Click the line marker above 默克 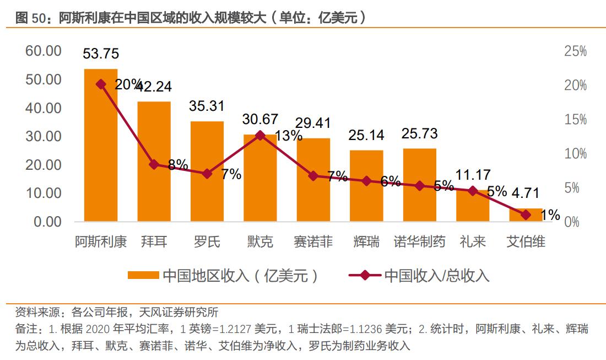point(260,135)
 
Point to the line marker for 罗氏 point(207,174)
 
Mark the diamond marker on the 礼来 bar point(472,191)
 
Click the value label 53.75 point(101,54)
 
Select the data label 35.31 point(207,106)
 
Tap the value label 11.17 point(473,175)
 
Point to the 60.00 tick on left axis point(42,51)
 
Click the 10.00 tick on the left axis point(42,194)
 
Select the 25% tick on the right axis point(576,51)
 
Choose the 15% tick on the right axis point(576,120)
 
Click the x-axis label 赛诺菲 point(313,241)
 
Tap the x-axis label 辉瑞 point(366,241)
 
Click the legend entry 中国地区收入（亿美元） point(223,275)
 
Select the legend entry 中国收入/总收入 point(419,275)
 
